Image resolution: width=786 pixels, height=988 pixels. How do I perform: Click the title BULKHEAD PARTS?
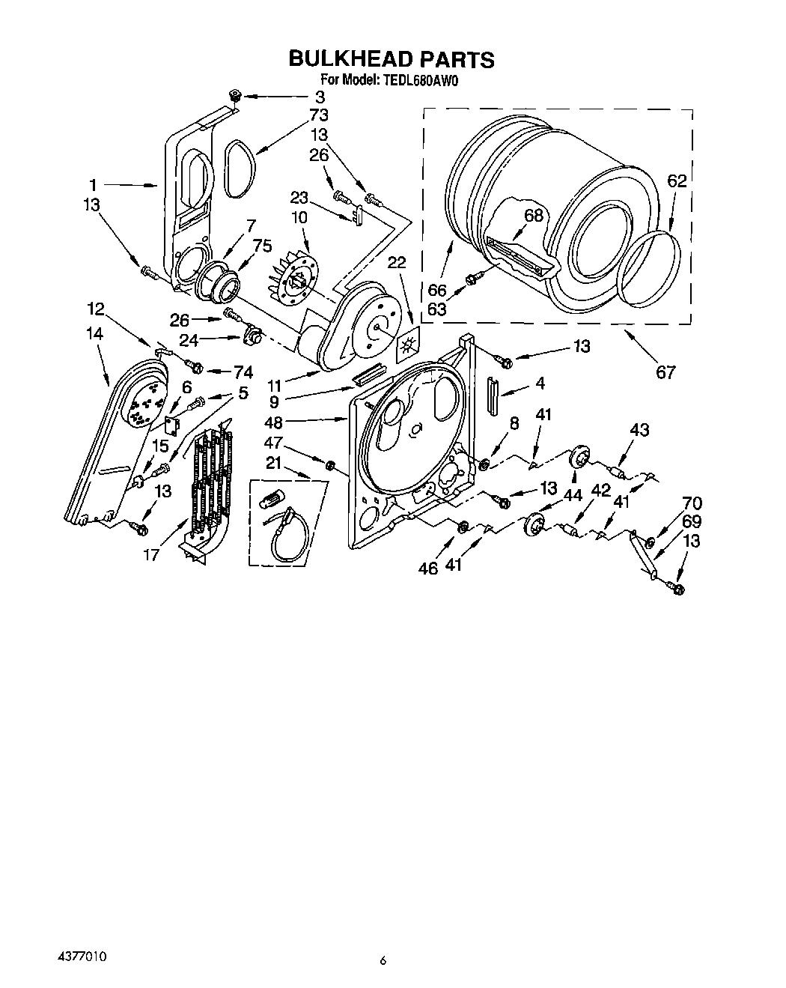click(x=392, y=58)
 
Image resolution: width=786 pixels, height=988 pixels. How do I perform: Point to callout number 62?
click(x=677, y=181)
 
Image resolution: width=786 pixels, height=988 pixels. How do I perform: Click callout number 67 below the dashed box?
click(x=665, y=372)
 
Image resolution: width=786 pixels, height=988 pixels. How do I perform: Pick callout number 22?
click(x=397, y=262)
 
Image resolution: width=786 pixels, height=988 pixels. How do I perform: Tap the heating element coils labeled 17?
click(x=212, y=479)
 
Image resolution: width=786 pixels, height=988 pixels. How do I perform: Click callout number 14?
click(x=94, y=335)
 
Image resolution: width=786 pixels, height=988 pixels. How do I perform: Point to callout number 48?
click(x=274, y=422)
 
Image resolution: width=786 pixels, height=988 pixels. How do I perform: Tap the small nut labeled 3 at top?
click(x=234, y=95)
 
